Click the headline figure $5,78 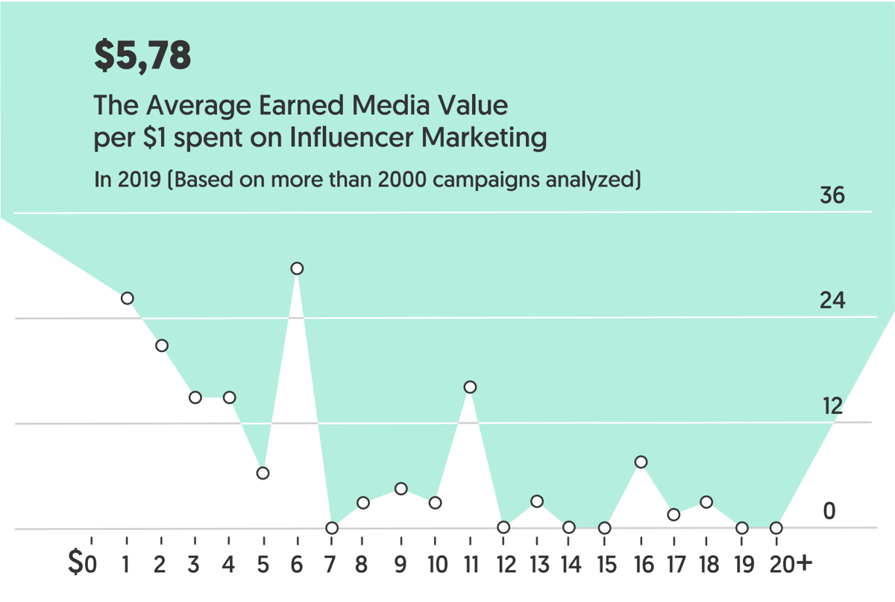[142, 57]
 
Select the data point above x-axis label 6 [297, 269]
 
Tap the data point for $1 [128, 298]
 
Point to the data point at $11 [470, 387]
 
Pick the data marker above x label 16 [641, 463]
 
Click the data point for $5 [263, 473]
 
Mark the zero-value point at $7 [332, 528]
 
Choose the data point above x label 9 [401, 489]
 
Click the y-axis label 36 [832, 196]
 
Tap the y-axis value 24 [831, 301]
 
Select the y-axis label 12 [832, 407]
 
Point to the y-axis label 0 [829, 512]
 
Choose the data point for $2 [162, 345]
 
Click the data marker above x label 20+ [776, 528]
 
